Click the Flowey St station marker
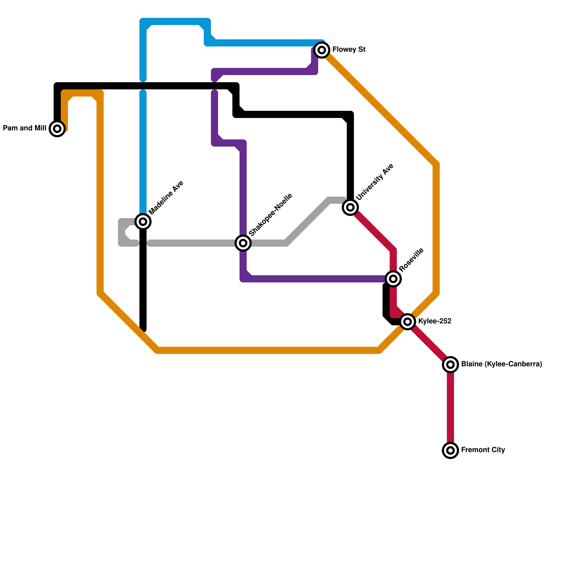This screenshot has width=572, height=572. tap(322, 50)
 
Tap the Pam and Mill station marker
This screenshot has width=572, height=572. tap(57, 129)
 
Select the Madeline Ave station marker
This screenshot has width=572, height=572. tap(143, 222)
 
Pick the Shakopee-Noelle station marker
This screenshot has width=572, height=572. tap(243, 243)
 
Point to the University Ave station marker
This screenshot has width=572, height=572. tap(350, 207)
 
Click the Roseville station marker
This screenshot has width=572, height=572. tap(393, 279)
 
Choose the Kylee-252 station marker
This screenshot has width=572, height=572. tap(408, 322)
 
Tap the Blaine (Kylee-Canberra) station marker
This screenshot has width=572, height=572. tap(450, 365)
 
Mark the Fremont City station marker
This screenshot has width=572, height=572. tap(450, 450)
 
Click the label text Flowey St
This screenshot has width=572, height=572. tap(349, 50)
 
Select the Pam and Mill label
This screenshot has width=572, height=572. tap(24, 128)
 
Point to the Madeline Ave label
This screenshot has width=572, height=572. tap(166, 198)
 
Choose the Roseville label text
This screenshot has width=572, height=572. tap(411, 259)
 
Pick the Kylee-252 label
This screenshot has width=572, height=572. tap(434, 321)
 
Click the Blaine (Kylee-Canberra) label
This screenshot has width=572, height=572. tap(501, 364)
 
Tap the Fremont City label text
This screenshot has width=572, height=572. tap(483, 450)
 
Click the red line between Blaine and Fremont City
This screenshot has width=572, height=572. tap(450, 408)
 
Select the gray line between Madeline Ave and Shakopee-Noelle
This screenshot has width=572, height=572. tap(193, 243)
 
